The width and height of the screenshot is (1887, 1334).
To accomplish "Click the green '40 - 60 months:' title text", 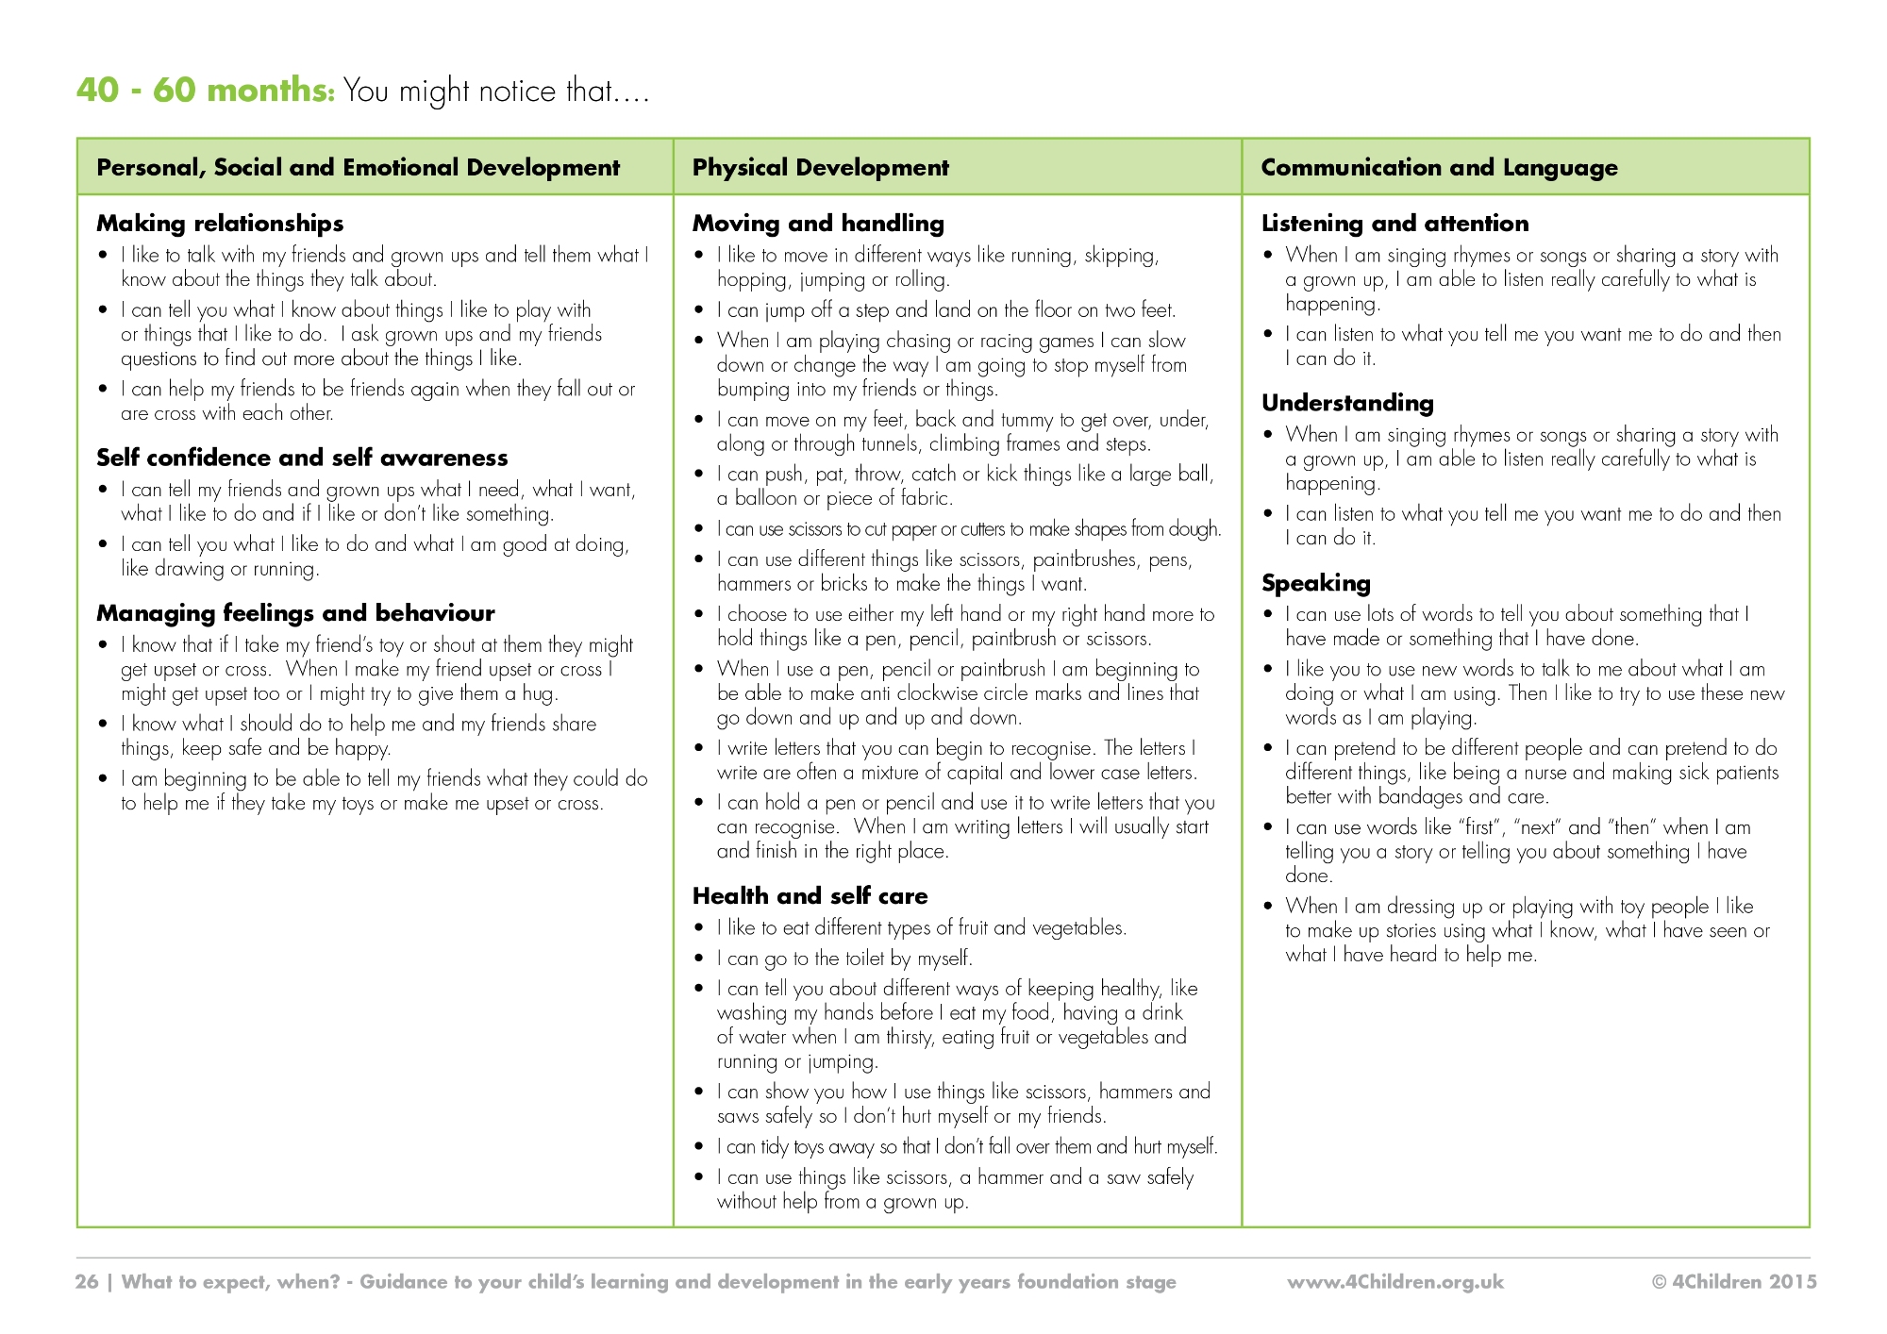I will tap(205, 91).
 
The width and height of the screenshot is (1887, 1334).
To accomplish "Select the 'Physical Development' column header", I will tap(820, 168).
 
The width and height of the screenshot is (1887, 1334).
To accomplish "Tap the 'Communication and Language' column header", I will tap(1439, 168).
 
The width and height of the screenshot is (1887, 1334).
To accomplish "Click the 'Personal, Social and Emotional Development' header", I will tap(359, 168).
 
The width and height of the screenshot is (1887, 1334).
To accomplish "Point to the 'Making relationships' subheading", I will tap(220, 224).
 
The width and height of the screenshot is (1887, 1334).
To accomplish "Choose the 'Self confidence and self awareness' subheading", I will tap(302, 458).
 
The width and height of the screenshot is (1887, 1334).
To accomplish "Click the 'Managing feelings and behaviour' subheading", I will tap(295, 613).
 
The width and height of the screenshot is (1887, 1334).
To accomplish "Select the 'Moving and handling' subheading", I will tap(818, 224).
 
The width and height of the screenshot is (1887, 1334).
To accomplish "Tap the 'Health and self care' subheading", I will tap(810, 896).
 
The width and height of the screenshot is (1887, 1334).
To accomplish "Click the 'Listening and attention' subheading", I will tap(1394, 224).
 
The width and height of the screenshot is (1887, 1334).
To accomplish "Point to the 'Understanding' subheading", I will tap(1347, 403).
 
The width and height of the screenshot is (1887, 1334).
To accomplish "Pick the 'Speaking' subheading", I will tap(1315, 583).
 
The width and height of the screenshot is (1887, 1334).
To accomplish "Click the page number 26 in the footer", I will tap(87, 1282).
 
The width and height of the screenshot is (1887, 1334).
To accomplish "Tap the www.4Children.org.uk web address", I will tap(1395, 1282).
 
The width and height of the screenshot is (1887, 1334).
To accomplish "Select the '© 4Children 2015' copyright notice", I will tap(1734, 1282).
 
